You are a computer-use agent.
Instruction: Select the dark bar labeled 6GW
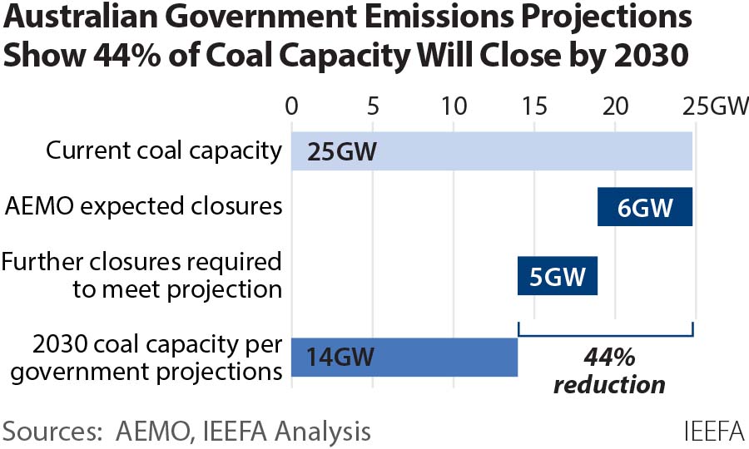pyautogui.click(x=645, y=207)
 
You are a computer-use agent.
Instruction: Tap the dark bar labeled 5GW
pyautogui.click(x=558, y=275)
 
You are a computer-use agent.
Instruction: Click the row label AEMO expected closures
pyautogui.click(x=143, y=205)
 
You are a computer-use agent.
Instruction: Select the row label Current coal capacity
pyautogui.click(x=163, y=151)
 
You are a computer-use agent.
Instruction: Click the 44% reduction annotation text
pyautogui.click(x=609, y=372)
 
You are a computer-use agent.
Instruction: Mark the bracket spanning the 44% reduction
pyautogui.click(x=605, y=335)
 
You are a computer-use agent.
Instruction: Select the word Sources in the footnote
pyautogui.click(x=49, y=432)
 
